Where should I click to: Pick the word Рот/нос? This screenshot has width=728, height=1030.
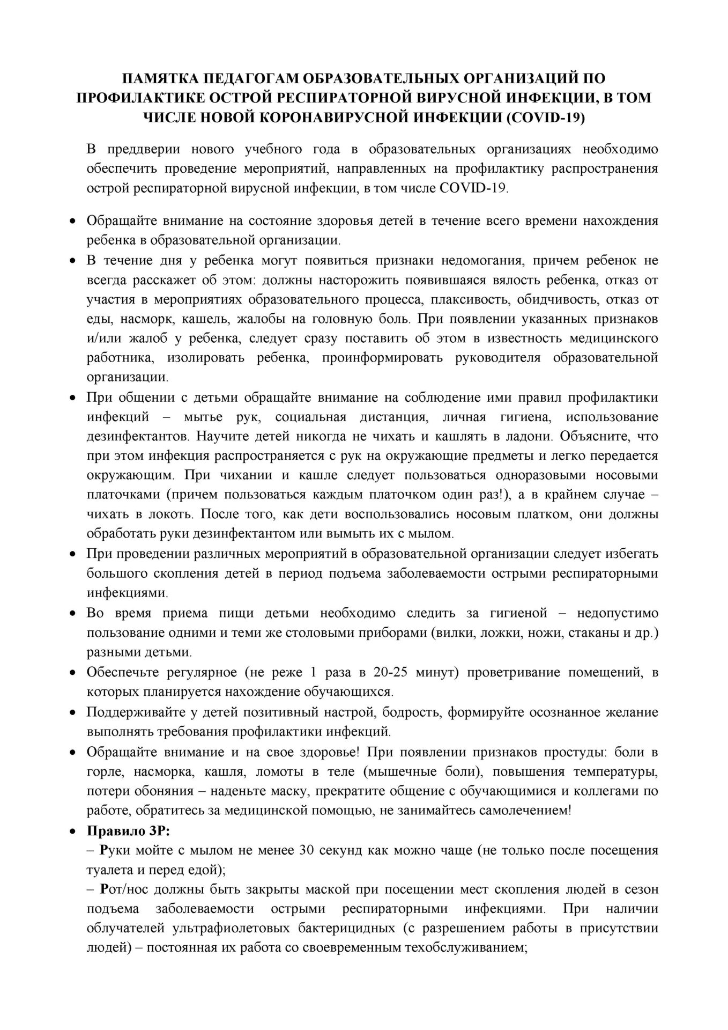click(124, 889)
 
